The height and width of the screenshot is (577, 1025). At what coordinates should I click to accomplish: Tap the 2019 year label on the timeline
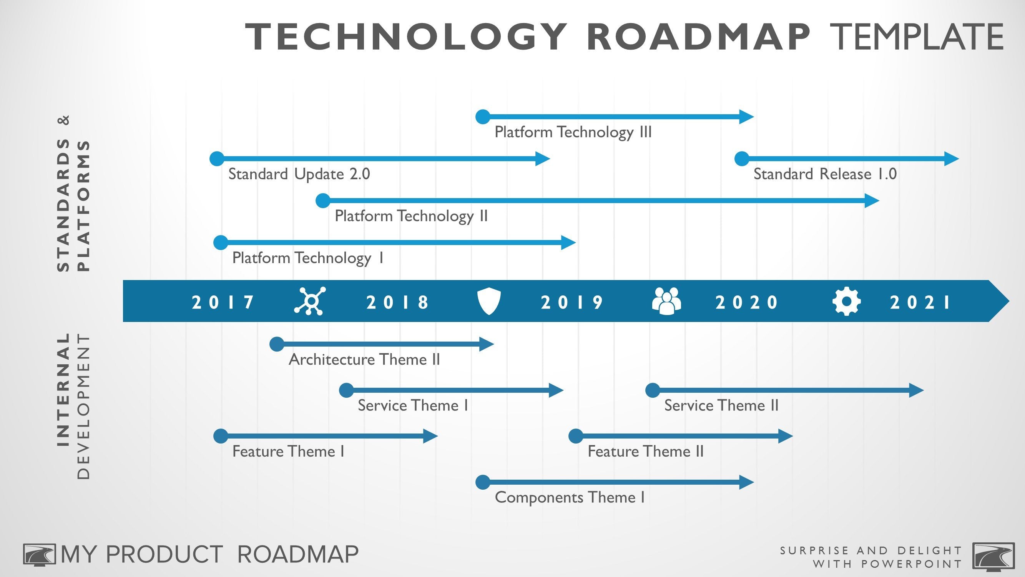click(572, 302)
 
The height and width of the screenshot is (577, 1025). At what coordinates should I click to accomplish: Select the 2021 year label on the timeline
click(920, 302)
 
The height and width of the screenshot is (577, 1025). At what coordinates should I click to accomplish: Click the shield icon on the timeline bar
click(488, 302)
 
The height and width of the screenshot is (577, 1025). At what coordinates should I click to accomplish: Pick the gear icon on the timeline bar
click(847, 301)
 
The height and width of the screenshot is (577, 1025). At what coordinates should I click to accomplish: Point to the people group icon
click(666, 301)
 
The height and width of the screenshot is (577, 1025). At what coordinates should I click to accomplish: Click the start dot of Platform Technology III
click(483, 117)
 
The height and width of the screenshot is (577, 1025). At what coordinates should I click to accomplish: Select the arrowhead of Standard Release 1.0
click(951, 158)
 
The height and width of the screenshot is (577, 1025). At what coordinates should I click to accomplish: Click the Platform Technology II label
click(411, 216)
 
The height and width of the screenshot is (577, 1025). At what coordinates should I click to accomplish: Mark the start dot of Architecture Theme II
click(277, 344)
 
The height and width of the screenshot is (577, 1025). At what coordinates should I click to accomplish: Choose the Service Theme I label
click(413, 405)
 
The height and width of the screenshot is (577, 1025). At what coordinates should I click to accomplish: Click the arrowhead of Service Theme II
click(916, 390)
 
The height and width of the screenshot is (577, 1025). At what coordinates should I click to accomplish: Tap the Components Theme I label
click(570, 497)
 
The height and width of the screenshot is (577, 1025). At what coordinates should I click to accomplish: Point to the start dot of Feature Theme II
click(576, 436)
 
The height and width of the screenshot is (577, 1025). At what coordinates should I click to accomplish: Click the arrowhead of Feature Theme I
click(430, 436)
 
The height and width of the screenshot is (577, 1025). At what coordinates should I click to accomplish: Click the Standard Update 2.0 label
click(299, 174)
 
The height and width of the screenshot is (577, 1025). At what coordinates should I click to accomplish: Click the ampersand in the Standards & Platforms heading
click(65, 120)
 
